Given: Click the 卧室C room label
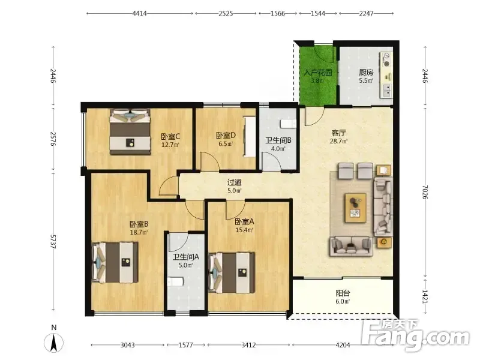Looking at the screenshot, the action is coord(170,136).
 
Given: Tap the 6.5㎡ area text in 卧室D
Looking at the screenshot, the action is coord(226,143).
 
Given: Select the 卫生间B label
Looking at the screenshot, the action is coord(278,140).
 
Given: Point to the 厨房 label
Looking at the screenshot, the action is coord(366,73).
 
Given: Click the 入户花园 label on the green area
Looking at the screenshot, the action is coord(318,73).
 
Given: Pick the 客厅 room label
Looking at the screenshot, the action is coord(338,133).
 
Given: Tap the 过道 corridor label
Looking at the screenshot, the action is coord(234,182).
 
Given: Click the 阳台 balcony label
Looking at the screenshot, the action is coord(343,293).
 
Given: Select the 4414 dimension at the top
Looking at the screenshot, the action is coord(139,13).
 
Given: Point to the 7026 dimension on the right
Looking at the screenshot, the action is coord(425,192).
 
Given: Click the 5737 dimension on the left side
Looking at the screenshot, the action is coord(53,242).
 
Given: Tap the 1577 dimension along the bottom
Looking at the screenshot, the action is coord(185,345).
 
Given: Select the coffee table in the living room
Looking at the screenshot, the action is coord(355,208).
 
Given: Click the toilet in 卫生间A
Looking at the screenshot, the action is coord(175,281).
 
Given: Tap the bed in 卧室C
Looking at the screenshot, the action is coord(130,131).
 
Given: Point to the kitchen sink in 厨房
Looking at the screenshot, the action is coord(386,91).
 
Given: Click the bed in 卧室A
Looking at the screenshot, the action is coord(232,273).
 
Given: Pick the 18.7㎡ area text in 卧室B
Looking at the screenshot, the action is coord(139,232).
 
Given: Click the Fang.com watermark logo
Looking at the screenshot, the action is coord(415,335).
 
